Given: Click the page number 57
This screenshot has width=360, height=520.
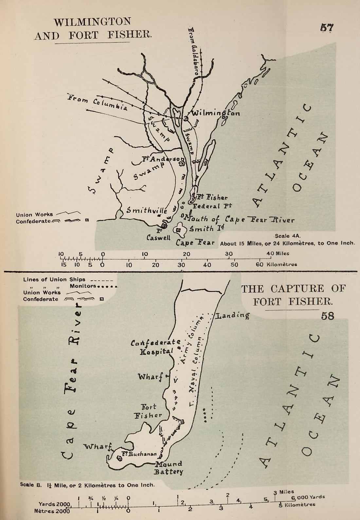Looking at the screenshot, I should (x=327, y=28).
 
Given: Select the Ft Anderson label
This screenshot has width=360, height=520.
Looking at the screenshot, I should (x=162, y=159).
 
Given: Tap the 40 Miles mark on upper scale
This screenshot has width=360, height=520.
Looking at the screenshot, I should (x=278, y=253).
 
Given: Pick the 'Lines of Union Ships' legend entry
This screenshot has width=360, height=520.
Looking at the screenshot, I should (x=54, y=280).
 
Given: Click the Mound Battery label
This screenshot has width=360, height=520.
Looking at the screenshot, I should (x=168, y=468).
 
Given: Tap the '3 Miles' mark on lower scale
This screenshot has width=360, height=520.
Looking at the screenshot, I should (x=284, y=492).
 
